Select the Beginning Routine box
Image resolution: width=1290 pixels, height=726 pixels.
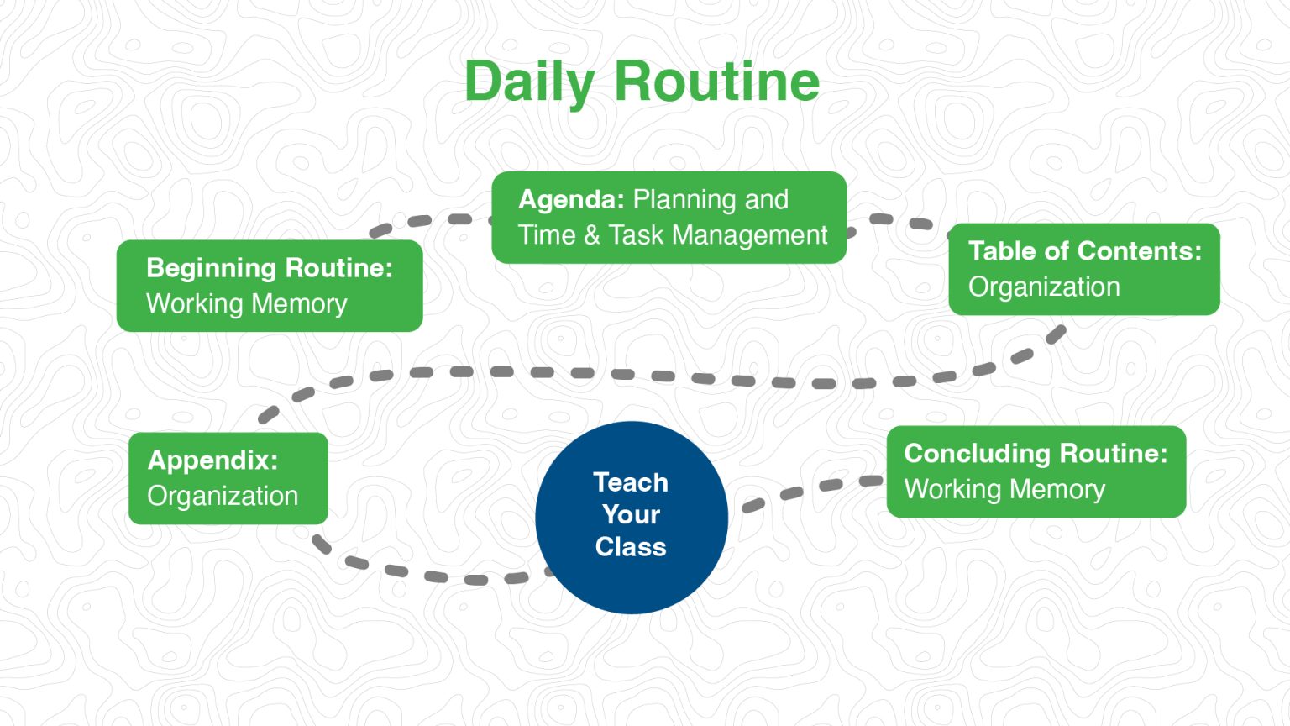(x=269, y=286)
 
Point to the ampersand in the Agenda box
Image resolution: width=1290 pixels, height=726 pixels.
(x=592, y=235)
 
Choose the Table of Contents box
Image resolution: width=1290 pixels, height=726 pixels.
(x=1083, y=269)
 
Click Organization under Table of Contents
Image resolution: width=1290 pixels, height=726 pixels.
(x=1044, y=287)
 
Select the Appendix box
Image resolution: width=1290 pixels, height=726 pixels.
(x=228, y=478)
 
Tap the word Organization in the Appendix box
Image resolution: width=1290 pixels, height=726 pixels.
(x=223, y=497)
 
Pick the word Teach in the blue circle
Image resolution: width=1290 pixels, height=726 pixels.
(x=631, y=482)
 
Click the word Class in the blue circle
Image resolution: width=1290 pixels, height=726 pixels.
(x=631, y=547)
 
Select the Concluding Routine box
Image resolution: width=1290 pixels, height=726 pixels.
(x=1036, y=471)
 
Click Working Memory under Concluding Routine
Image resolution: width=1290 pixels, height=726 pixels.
(x=1004, y=490)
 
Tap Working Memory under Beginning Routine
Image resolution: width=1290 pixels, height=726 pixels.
(x=246, y=304)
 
